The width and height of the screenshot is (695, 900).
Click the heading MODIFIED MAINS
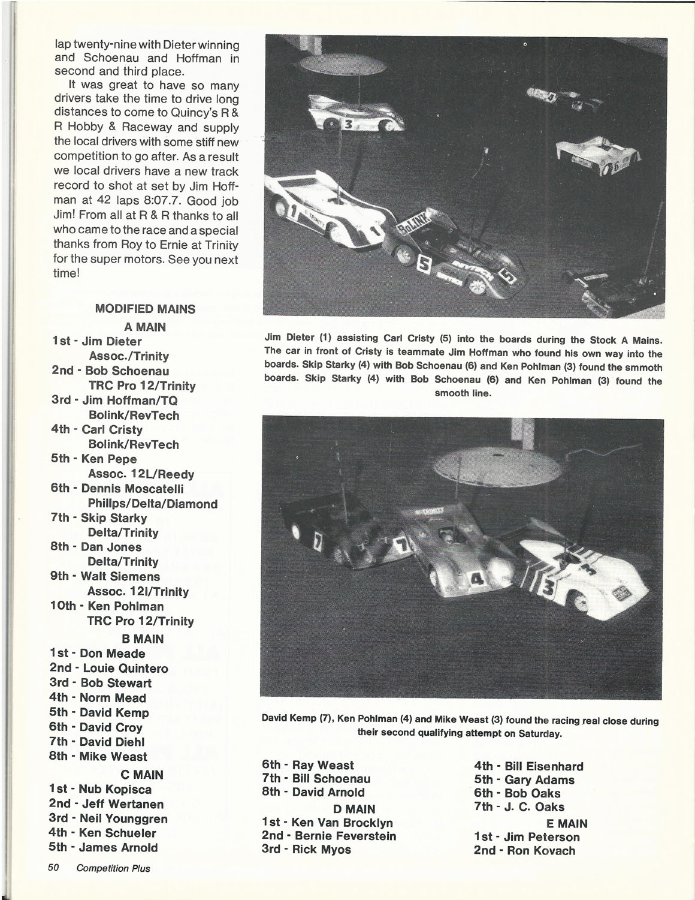click(145, 309)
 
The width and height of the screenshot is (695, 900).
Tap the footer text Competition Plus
click(113, 868)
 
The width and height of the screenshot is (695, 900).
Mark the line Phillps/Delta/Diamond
click(152, 504)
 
